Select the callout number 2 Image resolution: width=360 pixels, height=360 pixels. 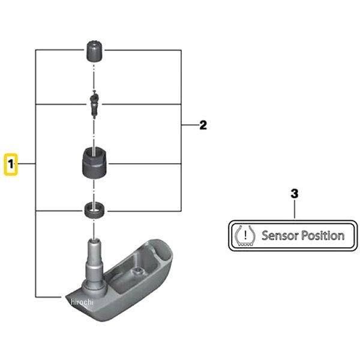(x=203, y=125)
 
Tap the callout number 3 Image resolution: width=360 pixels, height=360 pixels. (x=294, y=193)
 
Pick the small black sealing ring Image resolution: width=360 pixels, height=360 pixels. (x=94, y=211)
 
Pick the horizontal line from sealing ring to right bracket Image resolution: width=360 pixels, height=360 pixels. (x=144, y=211)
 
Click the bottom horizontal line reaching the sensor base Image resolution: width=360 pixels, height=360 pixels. (x=48, y=295)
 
